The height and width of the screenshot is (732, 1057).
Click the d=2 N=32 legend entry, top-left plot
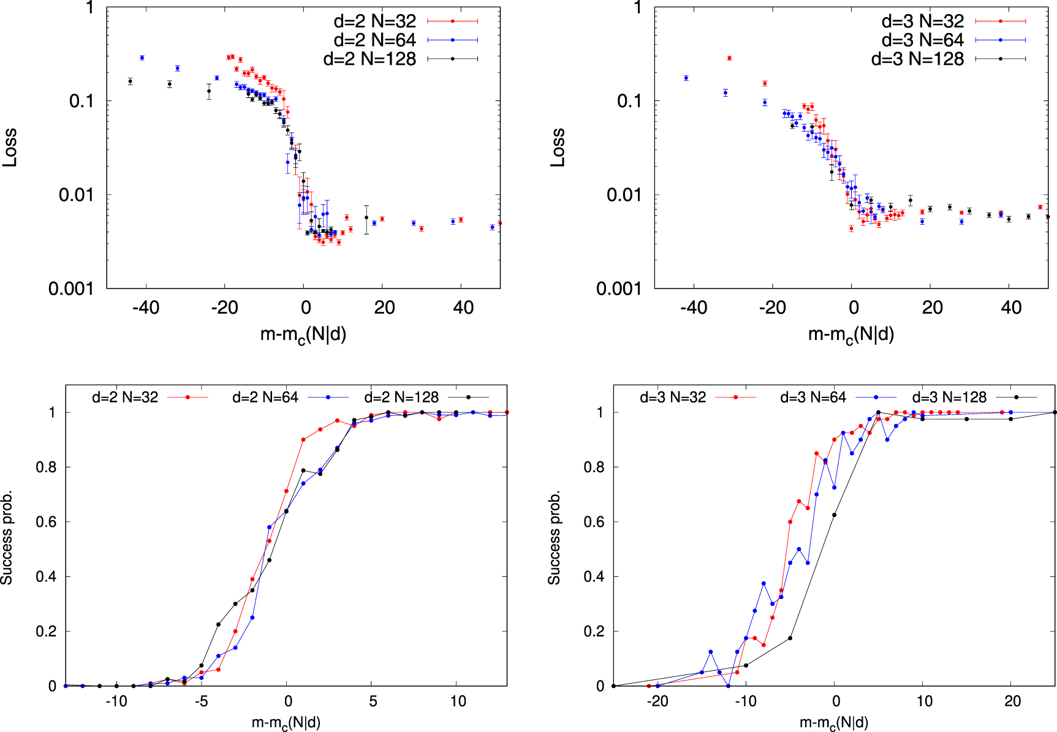tap(374, 21)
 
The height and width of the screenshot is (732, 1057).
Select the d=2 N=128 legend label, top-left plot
tap(369, 59)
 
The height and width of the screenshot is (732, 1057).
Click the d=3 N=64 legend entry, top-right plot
tap(922, 40)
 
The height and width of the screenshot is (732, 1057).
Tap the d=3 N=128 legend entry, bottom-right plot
tap(949, 398)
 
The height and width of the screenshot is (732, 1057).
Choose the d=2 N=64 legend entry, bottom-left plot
tap(265, 398)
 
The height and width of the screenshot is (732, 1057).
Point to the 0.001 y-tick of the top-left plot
tap(71, 289)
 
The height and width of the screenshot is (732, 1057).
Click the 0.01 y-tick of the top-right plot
tap(624, 195)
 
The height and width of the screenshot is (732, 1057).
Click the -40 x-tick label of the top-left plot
tap(146, 308)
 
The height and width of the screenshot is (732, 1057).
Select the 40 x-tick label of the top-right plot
tap(1011, 308)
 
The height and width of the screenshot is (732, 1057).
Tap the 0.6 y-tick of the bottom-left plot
tap(45, 522)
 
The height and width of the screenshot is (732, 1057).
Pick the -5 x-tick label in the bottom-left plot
tap(202, 701)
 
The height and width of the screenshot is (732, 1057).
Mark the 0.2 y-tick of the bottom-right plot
tap(593, 632)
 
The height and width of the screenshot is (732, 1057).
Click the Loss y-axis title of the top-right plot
tap(557, 148)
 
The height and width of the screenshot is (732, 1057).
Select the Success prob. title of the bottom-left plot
tap(7, 537)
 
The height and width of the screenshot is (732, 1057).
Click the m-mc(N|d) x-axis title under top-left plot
tap(303, 335)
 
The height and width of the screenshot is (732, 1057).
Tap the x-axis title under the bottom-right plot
tap(834, 723)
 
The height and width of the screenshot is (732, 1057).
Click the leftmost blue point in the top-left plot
tap(142, 58)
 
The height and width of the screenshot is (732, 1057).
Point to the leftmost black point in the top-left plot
tap(130, 81)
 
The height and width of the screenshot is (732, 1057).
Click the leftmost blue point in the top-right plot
tap(686, 78)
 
